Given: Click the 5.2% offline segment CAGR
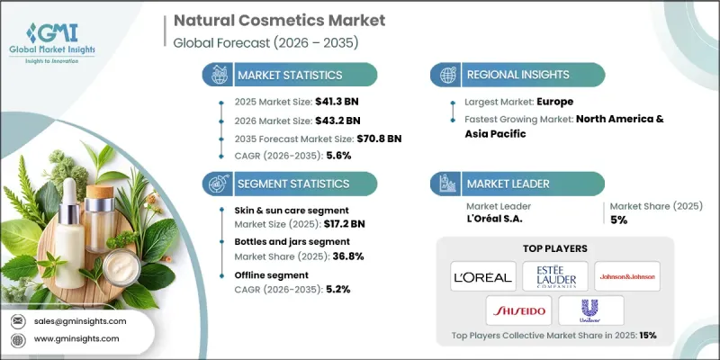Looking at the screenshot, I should (x=336, y=289).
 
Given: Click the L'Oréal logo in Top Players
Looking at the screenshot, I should (x=482, y=275).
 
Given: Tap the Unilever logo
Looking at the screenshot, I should (x=589, y=310).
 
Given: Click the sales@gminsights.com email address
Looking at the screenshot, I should (x=81, y=321).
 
